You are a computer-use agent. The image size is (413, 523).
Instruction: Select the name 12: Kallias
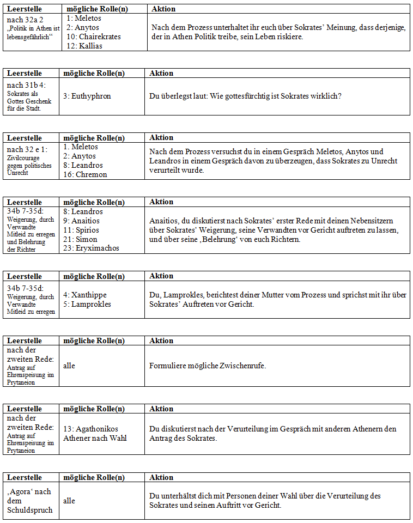tap(84, 46)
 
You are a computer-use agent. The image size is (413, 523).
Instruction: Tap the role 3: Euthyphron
tap(87, 96)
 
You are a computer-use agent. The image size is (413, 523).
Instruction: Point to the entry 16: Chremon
tap(85, 174)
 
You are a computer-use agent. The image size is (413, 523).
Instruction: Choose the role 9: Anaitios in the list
tap(84, 221)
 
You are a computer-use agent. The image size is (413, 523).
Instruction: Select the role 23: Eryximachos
tap(91, 248)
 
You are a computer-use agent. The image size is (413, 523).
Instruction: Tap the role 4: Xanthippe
tap(85, 295)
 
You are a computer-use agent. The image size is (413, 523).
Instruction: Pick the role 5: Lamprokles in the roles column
tap(87, 304)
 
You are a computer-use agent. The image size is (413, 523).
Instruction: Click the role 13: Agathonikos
tap(90, 429)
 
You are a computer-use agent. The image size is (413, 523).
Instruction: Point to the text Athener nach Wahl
tap(95, 437)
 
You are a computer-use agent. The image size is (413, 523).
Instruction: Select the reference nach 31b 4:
tap(27, 84)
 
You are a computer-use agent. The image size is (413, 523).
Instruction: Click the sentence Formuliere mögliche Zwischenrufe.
tap(208, 366)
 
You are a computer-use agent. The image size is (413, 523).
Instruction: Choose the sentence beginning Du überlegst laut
tap(245, 96)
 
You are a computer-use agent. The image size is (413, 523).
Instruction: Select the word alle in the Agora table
tap(69, 501)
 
